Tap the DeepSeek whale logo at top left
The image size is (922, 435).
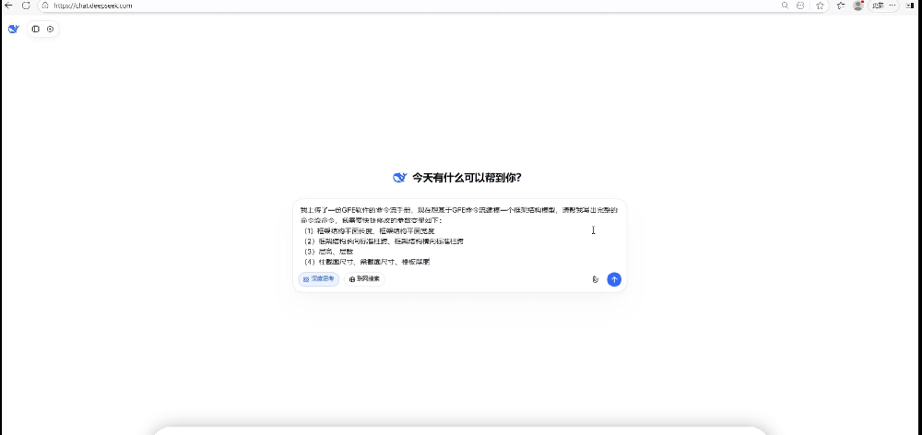(13, 29)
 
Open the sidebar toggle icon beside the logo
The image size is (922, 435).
(36, 29)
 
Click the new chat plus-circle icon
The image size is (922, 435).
(50, 29)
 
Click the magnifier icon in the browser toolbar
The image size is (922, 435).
(785, 6)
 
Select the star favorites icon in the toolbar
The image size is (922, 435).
(820, 6)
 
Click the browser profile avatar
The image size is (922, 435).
(858, 6)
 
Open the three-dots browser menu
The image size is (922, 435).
(892, 6)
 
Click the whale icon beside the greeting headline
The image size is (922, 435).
(399, 178)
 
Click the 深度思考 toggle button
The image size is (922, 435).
(318, 278)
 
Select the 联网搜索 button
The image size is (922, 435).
(364, 278)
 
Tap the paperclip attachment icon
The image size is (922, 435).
(596, 279)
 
